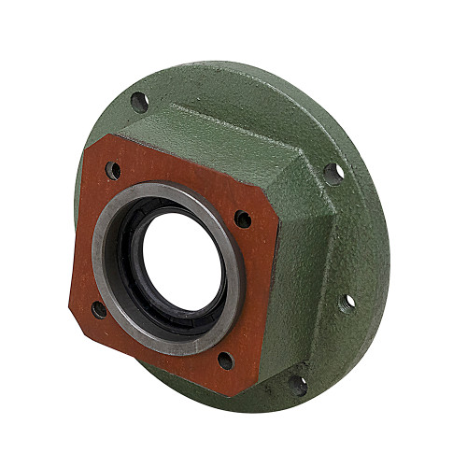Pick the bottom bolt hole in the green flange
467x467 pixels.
297,383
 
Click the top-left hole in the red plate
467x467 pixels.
113,171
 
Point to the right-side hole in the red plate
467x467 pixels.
242,219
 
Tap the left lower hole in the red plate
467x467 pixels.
98,308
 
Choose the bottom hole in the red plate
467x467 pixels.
225,359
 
